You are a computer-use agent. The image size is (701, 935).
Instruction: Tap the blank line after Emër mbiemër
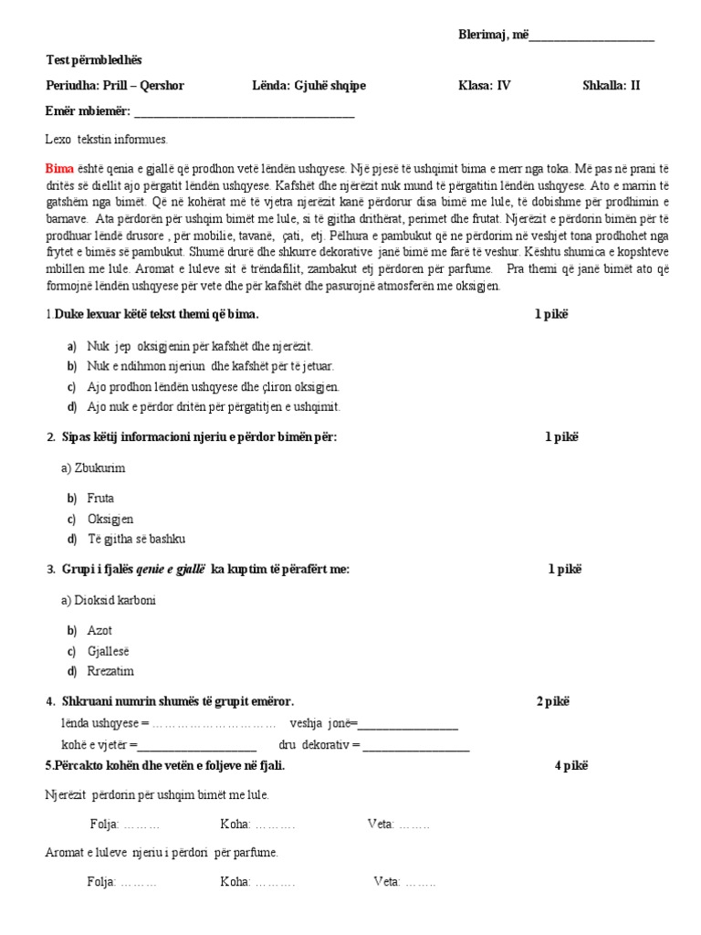pos(244,112)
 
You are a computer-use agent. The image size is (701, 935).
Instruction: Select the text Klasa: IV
pos(484,86)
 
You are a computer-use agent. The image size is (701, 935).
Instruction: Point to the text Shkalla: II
pos(611,86)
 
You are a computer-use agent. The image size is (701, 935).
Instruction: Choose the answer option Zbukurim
pos(93,467)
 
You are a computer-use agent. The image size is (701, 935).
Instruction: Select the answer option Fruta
pos(100,499)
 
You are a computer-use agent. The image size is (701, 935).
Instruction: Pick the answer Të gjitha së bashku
pos(136,539)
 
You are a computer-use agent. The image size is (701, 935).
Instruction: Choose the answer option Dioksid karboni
pos(109,600)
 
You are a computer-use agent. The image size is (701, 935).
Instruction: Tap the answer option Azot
pos(99,631)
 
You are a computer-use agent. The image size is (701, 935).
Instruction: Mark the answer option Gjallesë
pos(109,651)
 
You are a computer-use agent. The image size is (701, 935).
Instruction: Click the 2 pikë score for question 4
pos(552,701)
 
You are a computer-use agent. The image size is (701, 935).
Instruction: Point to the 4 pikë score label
pos(570,765)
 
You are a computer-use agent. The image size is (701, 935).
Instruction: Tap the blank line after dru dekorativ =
pos(416,745)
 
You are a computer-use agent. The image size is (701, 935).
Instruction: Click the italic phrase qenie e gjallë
pos(170,569)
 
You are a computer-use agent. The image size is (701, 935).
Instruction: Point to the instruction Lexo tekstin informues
pos(107,140)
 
